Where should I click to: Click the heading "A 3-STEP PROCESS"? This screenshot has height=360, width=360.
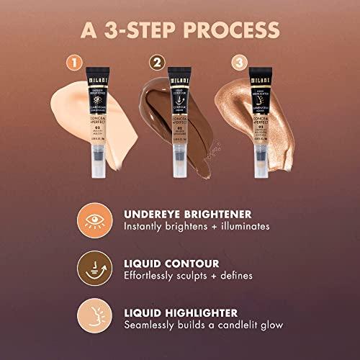coord(179,31)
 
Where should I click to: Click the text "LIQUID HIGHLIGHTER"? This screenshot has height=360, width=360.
coord(181,312)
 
